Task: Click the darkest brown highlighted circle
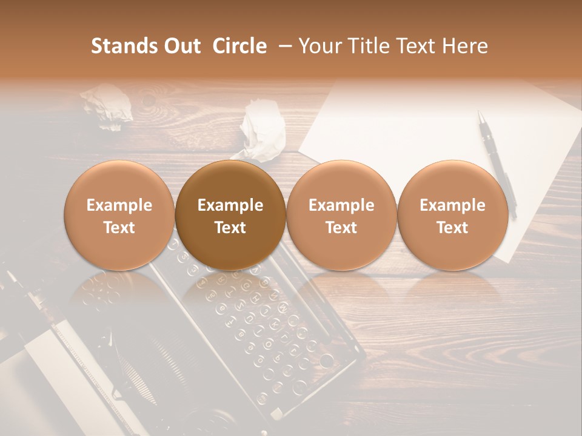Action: (230, 215)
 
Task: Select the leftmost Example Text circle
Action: (119, 215)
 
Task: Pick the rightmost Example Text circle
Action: (452, 215)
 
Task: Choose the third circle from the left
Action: (341, 215)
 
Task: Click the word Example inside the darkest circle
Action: (230, 205)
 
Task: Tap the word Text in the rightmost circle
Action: (452, 228)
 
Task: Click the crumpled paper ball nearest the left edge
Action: (108, 107)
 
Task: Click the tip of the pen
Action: (480, 113)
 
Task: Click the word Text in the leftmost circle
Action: (119, 228)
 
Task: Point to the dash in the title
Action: (283, 46)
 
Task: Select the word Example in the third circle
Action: (341, 205)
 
